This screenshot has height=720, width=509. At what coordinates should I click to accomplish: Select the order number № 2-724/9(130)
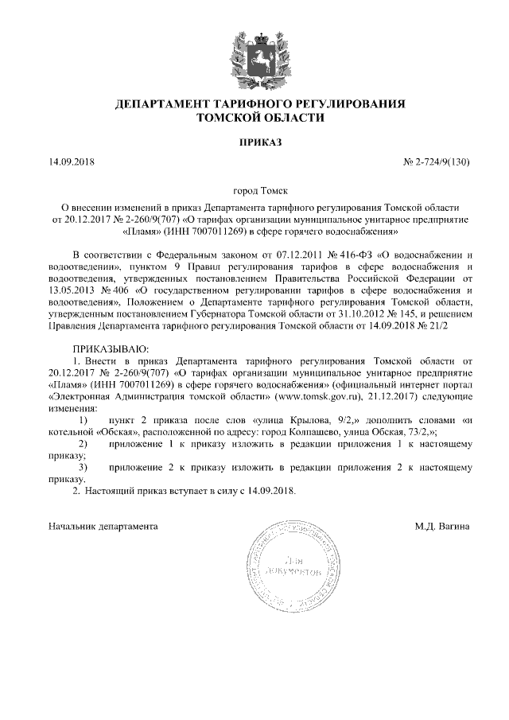pyautogui.click(x=437, y=162)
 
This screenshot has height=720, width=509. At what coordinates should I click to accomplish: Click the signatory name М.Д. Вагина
pyautogui.click(x=443, y=526)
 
